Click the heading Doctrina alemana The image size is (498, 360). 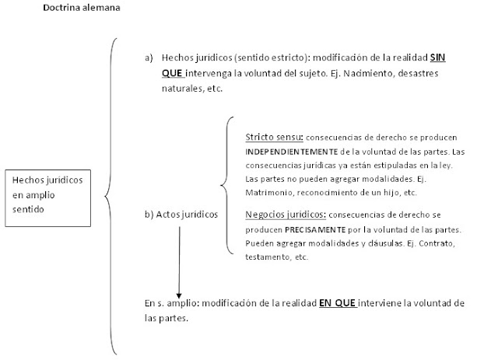(x=81, y=9)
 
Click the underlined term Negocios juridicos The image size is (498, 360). (x=283, y=214)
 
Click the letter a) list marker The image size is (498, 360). (x=149, y=58)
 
